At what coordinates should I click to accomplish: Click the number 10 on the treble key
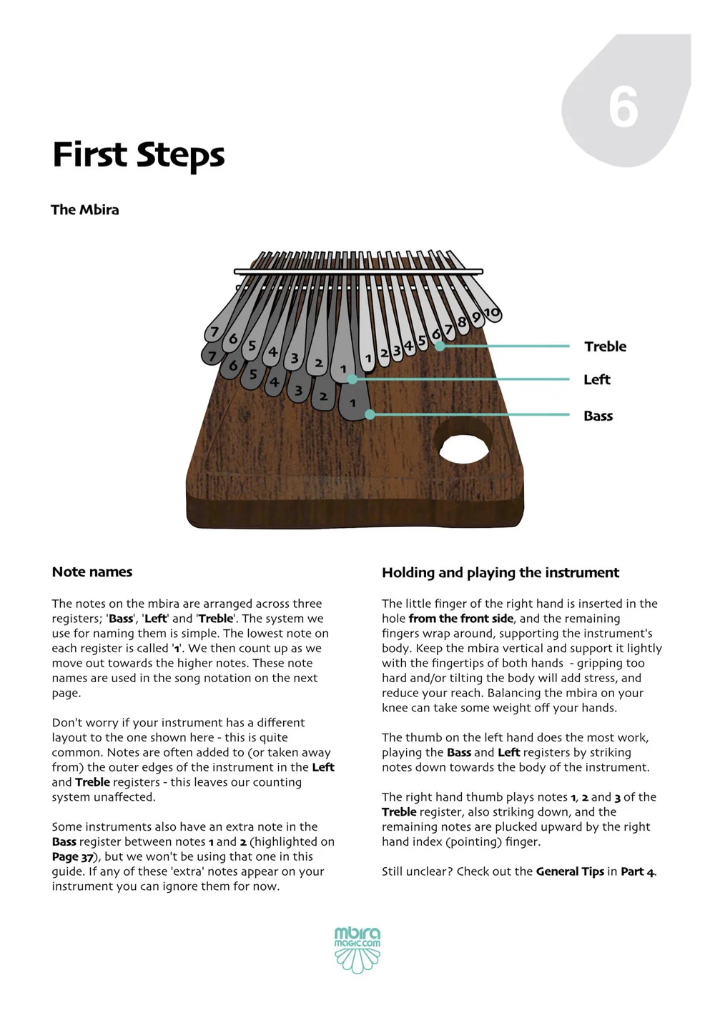coord(491,313)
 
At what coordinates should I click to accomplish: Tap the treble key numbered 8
coord(463,322)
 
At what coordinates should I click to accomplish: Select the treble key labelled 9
coord(476,317)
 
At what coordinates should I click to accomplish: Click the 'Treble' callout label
coord(605,346)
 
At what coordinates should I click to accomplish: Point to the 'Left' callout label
coord(596,379)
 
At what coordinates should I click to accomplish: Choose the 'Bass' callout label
coord(598,416)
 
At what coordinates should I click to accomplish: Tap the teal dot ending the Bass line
coord(370,414)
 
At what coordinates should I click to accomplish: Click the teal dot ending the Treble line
coord(440,346)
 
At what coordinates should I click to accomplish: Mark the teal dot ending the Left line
coord(352,379)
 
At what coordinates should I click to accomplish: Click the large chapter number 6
coord(623,108)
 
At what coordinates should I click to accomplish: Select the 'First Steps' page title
coord(139,155)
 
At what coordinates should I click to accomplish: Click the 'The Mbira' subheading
coord(85,210)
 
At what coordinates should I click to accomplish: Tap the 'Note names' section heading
coord(92,572)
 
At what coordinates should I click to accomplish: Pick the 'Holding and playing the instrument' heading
coord(500,573)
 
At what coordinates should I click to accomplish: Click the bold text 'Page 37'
coord(72,857)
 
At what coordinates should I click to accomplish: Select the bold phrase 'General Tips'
coord(570,871)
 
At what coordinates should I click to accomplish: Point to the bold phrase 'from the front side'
coord(461,619)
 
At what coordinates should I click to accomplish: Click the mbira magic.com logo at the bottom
coord(357,949)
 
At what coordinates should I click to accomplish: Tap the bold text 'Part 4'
coord(638,871)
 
